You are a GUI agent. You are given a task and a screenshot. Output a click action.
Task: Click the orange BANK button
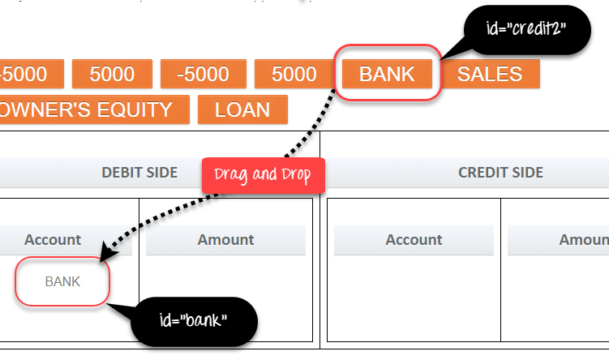387,75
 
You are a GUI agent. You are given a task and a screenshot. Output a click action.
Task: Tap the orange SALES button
490,75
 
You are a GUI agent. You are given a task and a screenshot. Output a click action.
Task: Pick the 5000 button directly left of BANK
294,75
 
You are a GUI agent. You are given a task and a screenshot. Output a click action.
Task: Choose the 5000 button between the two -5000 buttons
112,75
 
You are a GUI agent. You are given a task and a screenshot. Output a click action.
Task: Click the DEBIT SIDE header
139,172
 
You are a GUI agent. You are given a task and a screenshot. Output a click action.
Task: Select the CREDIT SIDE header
500,172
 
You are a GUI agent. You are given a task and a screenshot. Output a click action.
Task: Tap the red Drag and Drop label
263,175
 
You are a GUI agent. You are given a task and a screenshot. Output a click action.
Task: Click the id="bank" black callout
194,320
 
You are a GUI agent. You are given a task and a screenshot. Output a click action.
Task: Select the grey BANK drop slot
62,282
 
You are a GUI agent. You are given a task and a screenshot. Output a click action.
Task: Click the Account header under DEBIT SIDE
53,240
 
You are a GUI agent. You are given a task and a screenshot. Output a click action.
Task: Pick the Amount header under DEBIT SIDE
225,240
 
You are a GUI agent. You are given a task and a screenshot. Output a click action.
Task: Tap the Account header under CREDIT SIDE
414,240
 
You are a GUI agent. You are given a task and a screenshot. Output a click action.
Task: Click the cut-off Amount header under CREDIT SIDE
581,240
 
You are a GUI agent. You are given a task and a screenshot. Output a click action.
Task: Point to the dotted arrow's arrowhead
104,254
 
